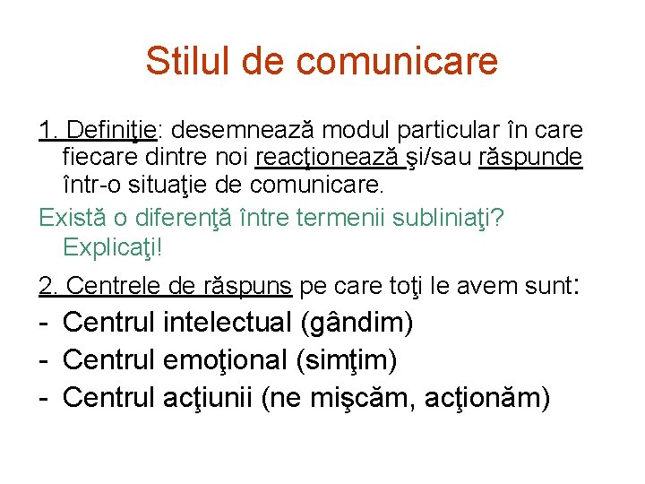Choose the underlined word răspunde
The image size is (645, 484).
(531, 159)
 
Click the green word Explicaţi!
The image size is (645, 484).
(114, 246)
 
